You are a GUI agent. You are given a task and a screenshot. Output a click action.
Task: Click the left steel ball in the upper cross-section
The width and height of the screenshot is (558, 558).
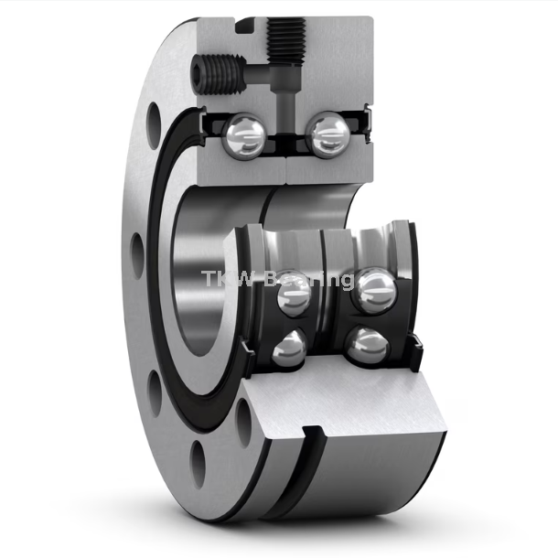(x=246, y=134)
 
